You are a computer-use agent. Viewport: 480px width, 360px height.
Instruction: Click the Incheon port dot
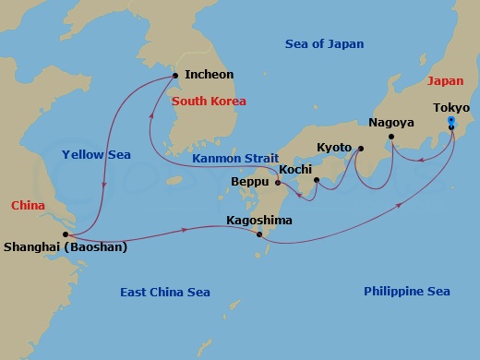coord(175,75)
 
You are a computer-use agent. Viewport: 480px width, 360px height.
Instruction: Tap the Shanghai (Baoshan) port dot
coord(66,234)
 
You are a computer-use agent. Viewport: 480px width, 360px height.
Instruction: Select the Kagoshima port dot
coord(260,234)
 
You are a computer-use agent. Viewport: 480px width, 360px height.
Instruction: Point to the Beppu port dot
coord(278,182)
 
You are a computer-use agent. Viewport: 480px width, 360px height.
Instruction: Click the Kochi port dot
coord(317,180)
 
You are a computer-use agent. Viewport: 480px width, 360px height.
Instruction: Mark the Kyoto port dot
coord(360,149)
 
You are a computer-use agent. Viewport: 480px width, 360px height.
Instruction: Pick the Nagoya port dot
coord(391,138)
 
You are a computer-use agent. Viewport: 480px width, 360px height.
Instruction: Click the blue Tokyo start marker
coord(450,121)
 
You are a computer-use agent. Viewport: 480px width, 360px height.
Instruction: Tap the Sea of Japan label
coord(324,43)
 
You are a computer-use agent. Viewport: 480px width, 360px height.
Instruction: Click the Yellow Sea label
coord(95,154)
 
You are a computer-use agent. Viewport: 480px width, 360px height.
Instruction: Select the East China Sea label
coord(165,293)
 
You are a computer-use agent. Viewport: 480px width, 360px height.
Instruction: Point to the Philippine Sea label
coord(407,292)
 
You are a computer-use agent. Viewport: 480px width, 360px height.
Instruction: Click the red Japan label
coord(445,80)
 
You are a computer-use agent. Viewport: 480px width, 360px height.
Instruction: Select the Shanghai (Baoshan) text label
coord(66,247)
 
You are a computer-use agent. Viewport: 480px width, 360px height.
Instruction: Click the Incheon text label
coord(209,74)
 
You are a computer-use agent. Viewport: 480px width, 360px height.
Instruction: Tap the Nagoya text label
coord(390,123)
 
